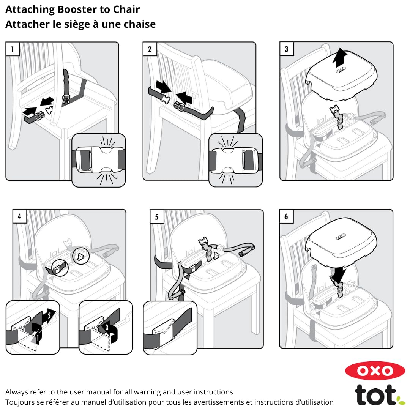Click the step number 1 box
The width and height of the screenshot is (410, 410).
pos(13,49)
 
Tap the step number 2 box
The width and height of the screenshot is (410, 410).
pos(150,49)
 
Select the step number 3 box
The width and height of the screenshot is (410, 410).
pos(287,49)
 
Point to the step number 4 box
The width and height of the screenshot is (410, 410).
pos(19,216)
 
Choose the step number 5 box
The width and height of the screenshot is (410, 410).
pos(157,217)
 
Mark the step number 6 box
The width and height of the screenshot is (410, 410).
pos(286,216)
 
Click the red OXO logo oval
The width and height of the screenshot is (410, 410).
pos(375,371)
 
